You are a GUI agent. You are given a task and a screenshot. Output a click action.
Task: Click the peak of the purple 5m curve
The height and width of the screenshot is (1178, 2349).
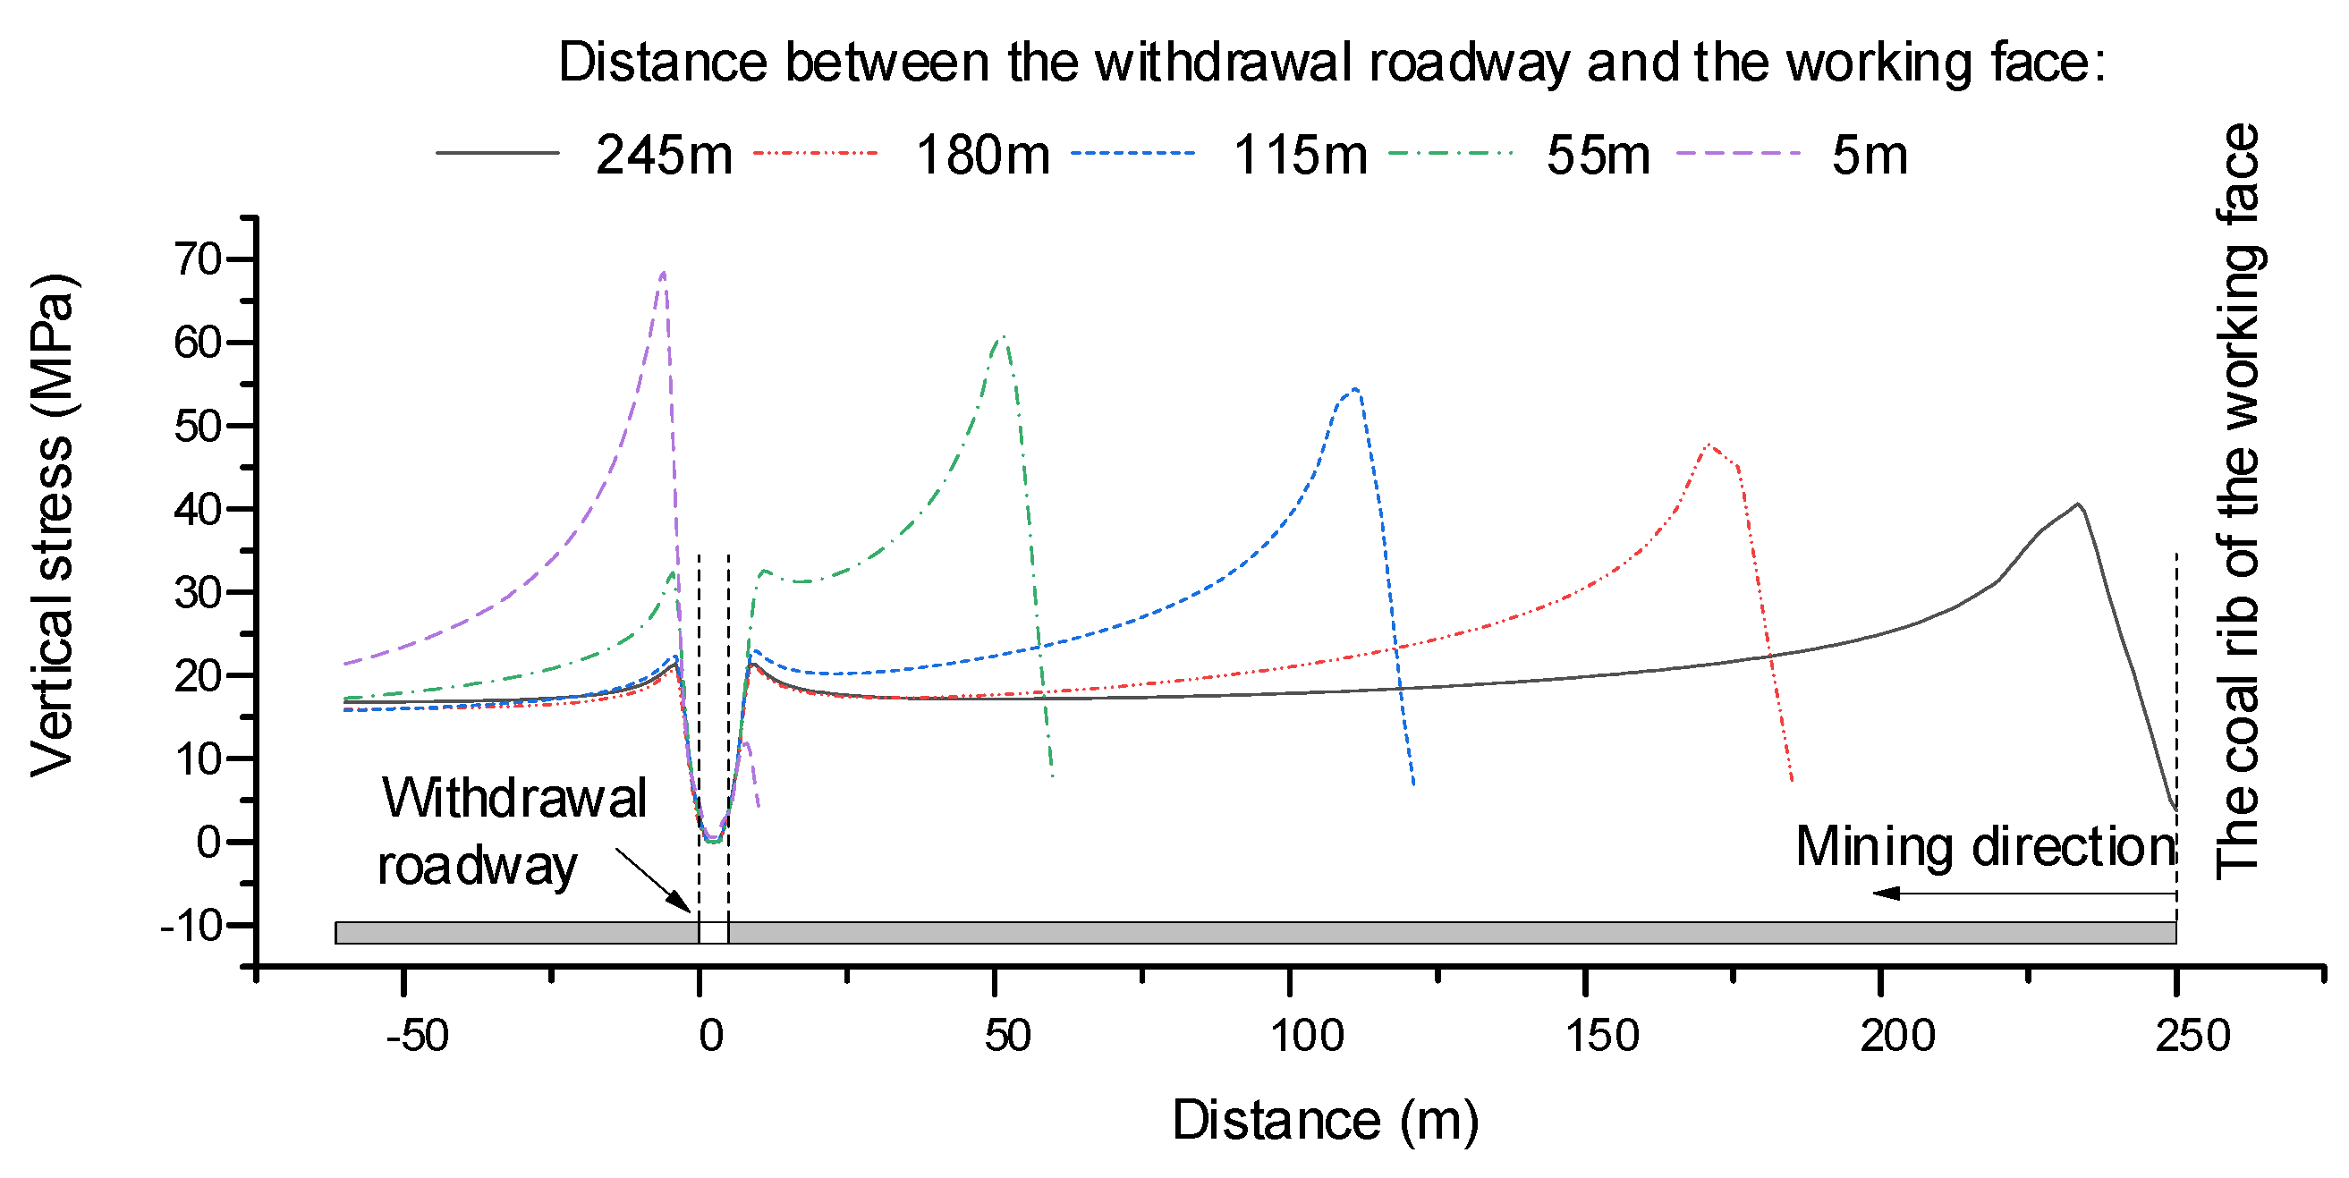pyautogui.click(x=663, y=272)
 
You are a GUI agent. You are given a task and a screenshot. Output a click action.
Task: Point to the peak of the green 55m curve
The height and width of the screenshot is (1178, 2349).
pyautogui.click(x=1002, y=336)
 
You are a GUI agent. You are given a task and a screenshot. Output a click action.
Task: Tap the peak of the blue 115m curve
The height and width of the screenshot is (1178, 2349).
pyautogui.click(x=1356, y=389)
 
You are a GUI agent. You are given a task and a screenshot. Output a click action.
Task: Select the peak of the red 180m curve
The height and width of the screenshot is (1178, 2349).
pyautogui.click(x=1709, y=445)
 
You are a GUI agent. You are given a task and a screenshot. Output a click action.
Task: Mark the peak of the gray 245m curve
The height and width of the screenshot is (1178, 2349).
pyautogui.click(x=2078, y=504)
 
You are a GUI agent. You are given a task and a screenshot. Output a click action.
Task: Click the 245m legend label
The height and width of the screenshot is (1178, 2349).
pyautogui.click(x=663, y=155)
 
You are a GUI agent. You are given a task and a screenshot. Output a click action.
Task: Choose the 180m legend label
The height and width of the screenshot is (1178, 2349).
pyautogui.click(x=982, y=155)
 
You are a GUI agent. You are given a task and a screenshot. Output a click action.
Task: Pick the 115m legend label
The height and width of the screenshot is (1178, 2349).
pyautogui.click(x=1300, y=155)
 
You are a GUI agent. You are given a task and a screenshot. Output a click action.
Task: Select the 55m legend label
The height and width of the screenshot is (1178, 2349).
pyautogui.click(x=1598, y=155)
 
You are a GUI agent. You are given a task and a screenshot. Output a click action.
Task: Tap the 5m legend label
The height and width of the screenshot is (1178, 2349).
pyautogui.click(x=1870, y=155)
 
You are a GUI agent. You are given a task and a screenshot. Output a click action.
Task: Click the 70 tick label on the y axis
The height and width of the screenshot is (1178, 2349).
pyautogui.click(x=198, y=260)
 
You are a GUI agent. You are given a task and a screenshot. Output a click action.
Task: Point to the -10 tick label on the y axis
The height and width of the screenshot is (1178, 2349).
pyautogui.click(x=191, y=927)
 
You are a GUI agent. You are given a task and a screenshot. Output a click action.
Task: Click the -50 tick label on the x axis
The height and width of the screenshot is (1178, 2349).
pyautogui.click(x=417, y=1036)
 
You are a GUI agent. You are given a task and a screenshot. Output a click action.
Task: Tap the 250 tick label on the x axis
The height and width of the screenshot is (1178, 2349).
pyautogui.click(x=2192, y=1036)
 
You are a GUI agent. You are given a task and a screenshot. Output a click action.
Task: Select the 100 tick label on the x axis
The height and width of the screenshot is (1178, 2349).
pyautogui.click(x=1307, y=1036)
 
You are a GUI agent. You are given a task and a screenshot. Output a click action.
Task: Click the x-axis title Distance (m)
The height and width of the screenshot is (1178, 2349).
pyautogui.click(x=1324, y=1120)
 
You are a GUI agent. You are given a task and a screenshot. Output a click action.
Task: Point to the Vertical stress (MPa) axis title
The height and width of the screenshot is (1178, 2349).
pyautogui.click(x=52, y=524)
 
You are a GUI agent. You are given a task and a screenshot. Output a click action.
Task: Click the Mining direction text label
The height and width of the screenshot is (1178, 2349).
pyautogui.click(x=1985, y=846)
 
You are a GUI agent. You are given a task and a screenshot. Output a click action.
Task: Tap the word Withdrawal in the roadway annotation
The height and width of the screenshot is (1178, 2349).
pyautogui.click(x=514, y=798)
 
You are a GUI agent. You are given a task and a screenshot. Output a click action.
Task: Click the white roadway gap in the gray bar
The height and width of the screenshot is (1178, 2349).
pyautogui.click(x=713, y=933)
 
